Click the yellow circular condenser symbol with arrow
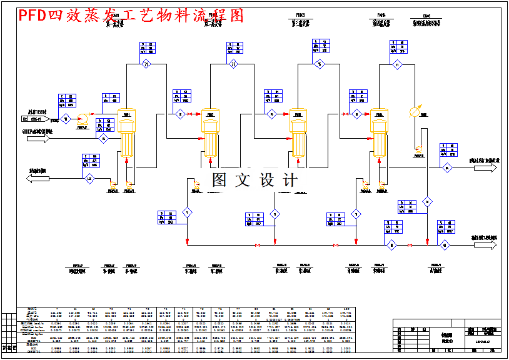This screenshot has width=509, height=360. point(414,112)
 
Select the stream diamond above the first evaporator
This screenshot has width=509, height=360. point(147,64)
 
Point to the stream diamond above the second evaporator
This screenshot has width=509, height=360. point(233,64)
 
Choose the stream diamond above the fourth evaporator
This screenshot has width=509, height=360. point(396,64)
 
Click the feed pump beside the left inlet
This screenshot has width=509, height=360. point(82,118)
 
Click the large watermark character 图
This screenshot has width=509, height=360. point(219,180)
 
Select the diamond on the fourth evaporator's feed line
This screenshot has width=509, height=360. point(357,114)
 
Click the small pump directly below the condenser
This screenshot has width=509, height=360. point(417,149)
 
